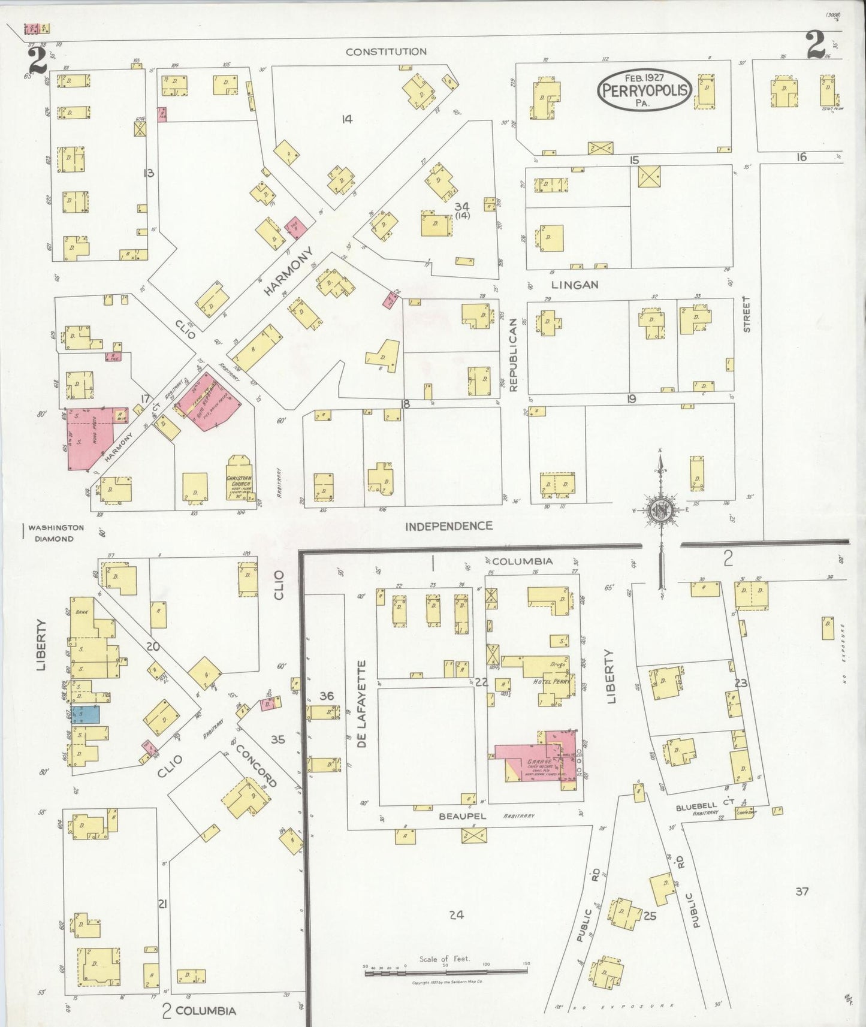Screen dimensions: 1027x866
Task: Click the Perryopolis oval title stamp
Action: [644, 90]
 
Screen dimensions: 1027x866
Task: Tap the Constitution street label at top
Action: [386, 52]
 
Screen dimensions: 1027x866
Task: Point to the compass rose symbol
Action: [660, 511]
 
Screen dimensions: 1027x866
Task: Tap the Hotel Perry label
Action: [551, 682]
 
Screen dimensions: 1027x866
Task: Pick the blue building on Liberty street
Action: [85, 714]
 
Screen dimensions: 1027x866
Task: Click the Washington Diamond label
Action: [55, 533]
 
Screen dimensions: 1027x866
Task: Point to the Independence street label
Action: [448, 526]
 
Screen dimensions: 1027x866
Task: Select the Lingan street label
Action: [574, 285]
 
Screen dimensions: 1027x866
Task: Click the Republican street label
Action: [513, 355]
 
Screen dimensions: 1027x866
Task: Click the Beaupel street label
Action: [461, 816]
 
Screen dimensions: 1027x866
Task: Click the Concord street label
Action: [255, 766]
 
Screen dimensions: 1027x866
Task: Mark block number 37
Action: [802, 891]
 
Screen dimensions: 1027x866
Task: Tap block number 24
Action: [456, 914]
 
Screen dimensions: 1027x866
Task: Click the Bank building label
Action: [82, 612]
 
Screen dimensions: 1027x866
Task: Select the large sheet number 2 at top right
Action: [816, 46]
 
